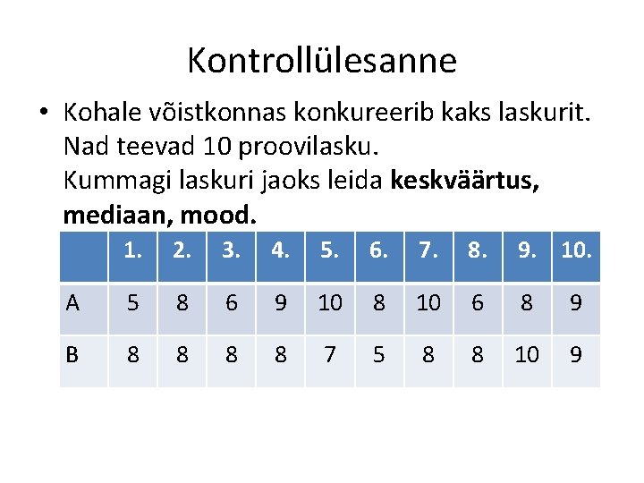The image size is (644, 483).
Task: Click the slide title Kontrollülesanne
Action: (x=321, y=61)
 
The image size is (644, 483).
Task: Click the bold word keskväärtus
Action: (x=463, y=182)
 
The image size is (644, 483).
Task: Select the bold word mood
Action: (x=218, y=216)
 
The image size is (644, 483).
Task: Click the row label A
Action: (x=72, y=303)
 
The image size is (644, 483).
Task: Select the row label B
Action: (x=72, y=355)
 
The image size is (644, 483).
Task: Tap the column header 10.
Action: (x=576, y=251)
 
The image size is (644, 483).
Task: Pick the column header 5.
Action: (x=331, y=251)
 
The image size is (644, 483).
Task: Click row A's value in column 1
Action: (x=133, y=303)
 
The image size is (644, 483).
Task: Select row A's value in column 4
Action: (x=281, y=303)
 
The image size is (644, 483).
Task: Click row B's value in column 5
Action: (x=330, y=355)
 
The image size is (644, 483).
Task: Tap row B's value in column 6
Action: (x=379, y=355)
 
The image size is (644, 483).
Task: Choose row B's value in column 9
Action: (x=527, y=355)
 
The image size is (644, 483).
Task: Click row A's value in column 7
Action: (x=428, y=303)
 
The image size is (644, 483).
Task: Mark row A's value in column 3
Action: (x=232, y=303)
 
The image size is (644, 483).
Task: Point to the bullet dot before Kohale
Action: (x=42, y=114)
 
